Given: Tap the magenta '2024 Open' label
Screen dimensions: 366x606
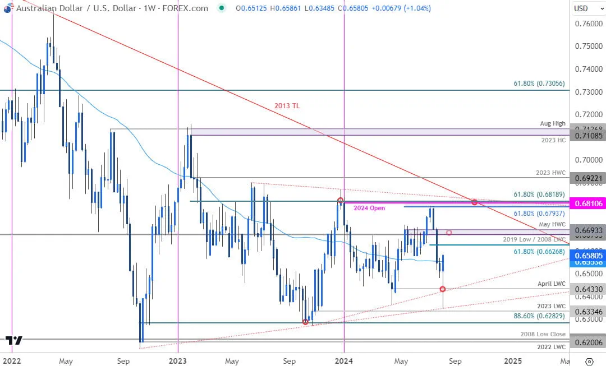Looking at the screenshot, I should point(369,208).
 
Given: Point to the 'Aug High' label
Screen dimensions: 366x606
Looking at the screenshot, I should point(553,123).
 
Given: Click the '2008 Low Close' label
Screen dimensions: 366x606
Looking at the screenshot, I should point(543,334).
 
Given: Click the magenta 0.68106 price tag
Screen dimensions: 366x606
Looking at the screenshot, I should point(587,203).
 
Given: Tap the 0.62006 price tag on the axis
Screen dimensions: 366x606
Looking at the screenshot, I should point(587,342).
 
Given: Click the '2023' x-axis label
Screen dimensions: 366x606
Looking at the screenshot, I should point(177,360).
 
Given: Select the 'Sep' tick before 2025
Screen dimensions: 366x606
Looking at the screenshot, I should point(454,360).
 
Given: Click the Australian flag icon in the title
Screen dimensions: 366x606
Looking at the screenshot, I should point(7,8).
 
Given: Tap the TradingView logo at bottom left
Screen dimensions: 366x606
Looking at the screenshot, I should point(14,340).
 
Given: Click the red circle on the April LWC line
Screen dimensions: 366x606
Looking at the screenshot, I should point(443,289).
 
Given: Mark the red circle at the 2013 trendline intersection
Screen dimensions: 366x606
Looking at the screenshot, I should point(475,202).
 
